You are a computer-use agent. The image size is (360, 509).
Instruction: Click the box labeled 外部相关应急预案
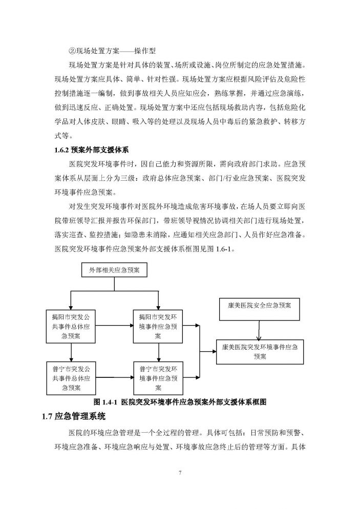coord(114,270)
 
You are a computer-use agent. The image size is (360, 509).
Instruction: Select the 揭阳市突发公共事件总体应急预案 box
coord(71,326)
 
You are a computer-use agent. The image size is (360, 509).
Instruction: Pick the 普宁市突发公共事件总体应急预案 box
coord(71,378)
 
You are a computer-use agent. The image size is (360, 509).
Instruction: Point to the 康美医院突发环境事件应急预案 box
coord(260,351)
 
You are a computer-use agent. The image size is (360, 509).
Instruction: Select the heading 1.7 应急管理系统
coord(74,416)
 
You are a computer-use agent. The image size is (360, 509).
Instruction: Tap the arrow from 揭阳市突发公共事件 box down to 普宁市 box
coord(71,352)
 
